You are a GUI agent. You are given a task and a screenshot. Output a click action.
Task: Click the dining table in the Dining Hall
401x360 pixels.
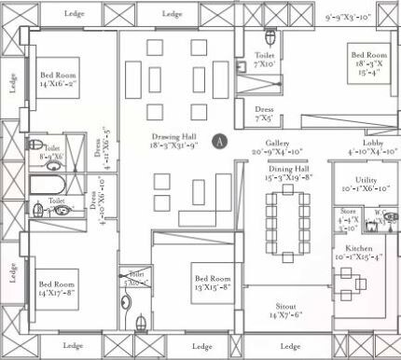(286, 216)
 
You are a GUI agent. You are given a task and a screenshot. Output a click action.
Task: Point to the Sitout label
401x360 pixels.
(286, 310)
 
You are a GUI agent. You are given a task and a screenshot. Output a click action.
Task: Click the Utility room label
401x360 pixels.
(359, 183)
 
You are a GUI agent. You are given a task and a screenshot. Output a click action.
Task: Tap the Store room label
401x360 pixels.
(348, 215)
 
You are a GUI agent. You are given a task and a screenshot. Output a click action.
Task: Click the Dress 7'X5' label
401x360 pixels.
(264, 114)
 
